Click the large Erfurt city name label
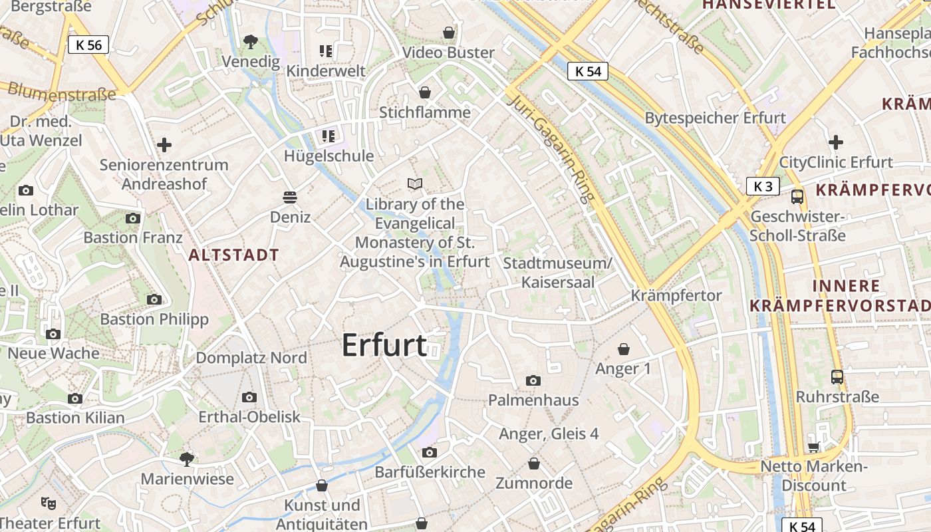pos(384,346)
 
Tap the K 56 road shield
pos(88,45)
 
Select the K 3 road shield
pos(763,186)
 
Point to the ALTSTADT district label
pos(233,255)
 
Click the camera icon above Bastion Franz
pos(133,218)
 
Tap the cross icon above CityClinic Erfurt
pos(836,142)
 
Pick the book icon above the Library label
pos(415,184)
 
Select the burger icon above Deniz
pos(290,197)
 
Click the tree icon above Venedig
pos(251,42)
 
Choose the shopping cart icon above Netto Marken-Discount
pos(813,447)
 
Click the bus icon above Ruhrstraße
pos(837,377)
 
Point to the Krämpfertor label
pos(676,295)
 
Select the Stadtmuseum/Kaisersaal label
pos(557,272)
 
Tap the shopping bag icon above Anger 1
pos(624,349)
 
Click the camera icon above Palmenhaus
pos(533,380)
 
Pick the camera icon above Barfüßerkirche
pos(430,452)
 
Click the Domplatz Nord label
pos(251,358)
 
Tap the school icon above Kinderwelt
pos(326,51)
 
